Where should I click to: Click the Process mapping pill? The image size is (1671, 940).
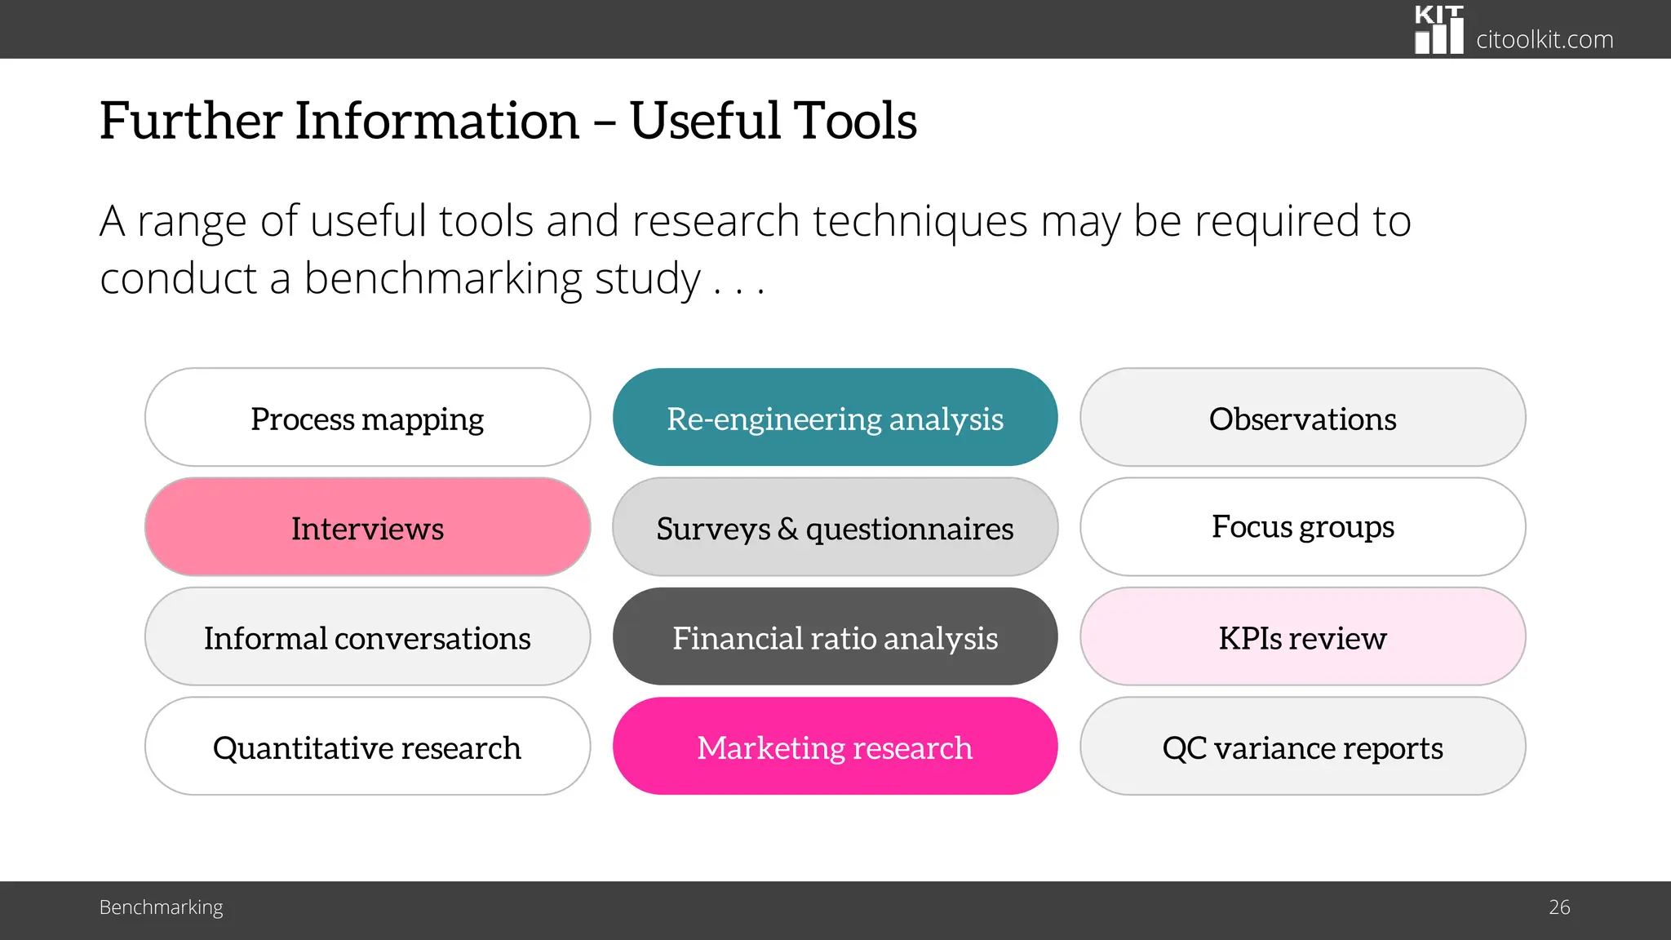tap(367, 418)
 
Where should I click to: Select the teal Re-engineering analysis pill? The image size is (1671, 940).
tap(835, 418)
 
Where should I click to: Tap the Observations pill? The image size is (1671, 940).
tap(1302, 418)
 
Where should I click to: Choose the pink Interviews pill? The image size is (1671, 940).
tap(367, 527)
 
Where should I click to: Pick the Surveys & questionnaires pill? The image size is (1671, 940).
tap(835, 527)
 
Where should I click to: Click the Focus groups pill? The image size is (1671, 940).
tap(1302, 527)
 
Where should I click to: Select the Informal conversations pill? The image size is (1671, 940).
tap(367, 636)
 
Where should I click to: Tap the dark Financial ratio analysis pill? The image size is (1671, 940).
tap(835, 636)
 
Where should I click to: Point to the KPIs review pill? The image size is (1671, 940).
tap(1302, 636)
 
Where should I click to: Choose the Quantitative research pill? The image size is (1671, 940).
tap(367, 747)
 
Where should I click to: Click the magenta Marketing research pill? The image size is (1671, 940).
tap(835, 747)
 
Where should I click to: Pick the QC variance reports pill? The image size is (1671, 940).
tap(1302, 747)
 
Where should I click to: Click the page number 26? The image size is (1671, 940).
tap(1559, 907)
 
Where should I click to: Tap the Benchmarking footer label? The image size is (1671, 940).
tap(161, 907)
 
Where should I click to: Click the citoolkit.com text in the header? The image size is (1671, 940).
tap(1545, 39)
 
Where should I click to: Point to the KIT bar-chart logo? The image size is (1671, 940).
tap(1438, 30)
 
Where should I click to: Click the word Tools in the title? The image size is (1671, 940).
tap(855, 121)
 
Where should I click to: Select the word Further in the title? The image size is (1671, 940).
tap(191, 121)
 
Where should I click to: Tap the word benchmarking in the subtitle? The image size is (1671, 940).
tap(502, 279)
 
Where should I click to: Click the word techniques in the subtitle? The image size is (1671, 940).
tap(920, 221)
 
